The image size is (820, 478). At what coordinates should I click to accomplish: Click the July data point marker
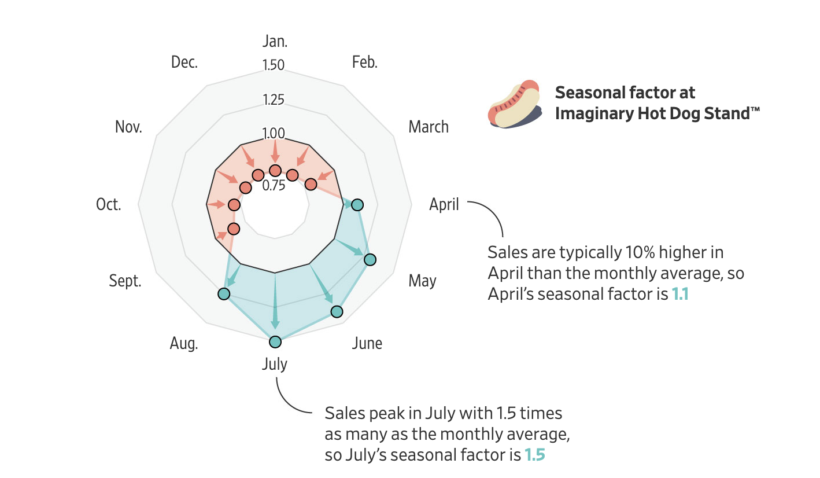point(275,341)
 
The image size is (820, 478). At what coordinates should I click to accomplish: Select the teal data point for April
point(357,204)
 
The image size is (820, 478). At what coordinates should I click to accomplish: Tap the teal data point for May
point(370,259)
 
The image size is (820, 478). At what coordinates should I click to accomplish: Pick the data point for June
point(337,312)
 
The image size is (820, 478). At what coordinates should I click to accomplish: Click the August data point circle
point(224,294)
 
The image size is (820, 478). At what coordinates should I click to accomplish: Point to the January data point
point(275,170)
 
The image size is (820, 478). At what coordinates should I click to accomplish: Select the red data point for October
point(234,205)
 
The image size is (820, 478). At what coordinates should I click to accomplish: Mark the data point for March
point(311,184)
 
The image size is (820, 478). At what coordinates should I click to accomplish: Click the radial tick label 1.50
point(274,65)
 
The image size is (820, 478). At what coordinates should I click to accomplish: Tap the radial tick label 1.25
point(274,100)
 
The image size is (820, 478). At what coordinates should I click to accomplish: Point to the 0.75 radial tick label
point(274,186)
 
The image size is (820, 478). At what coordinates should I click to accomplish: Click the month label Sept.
point(125,281)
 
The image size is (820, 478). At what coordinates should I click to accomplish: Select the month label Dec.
point(184,62)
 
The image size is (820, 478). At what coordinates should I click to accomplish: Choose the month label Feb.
point(364,62)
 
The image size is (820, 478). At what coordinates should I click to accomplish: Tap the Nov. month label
point(128,127)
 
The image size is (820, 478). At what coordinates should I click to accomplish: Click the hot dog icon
point(514,104)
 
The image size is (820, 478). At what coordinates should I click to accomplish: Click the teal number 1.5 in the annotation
point(534,455)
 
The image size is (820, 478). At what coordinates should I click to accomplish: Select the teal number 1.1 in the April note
point(680,294)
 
